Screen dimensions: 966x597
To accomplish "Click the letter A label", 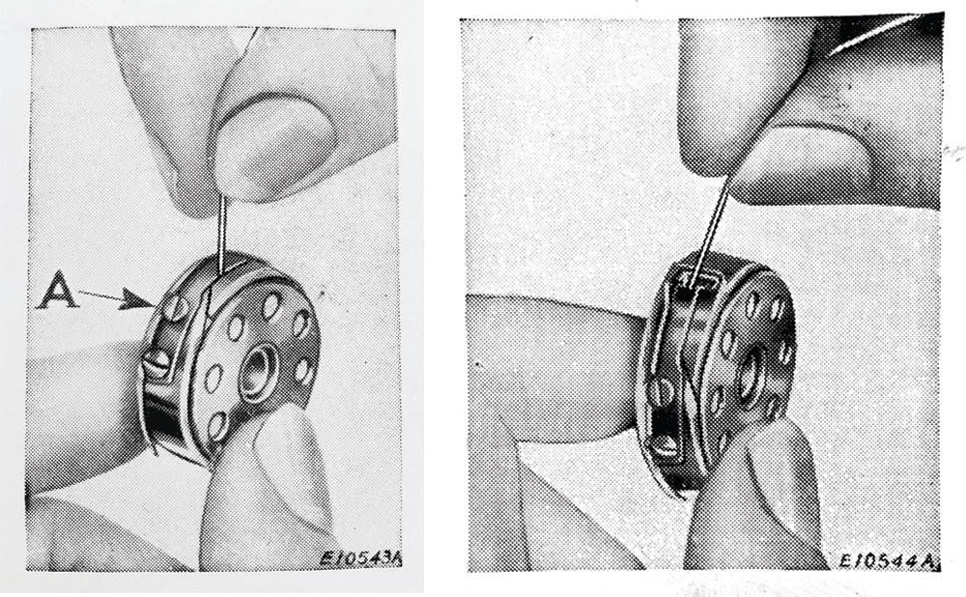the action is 57,290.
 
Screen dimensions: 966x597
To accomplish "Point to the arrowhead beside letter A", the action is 137,299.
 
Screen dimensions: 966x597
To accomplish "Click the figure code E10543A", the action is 360,558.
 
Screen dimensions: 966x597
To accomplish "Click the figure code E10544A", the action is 888,560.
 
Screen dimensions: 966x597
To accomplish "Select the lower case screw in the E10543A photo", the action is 156,363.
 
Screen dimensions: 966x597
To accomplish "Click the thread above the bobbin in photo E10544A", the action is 712,229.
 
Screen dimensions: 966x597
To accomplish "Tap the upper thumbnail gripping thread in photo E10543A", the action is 272,147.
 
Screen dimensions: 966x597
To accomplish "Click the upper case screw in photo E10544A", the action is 662,392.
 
